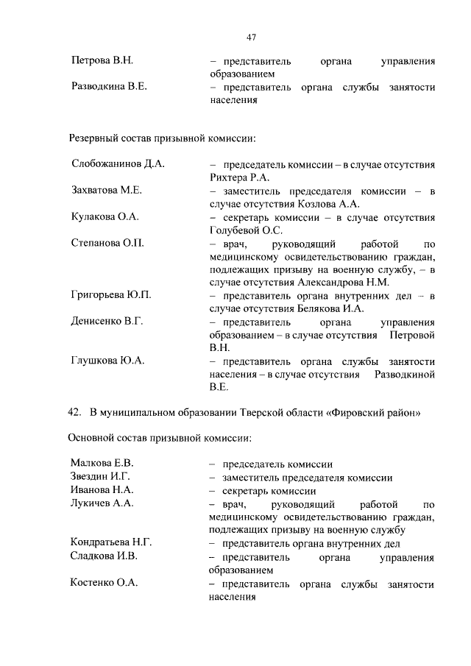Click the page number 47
[251, 38]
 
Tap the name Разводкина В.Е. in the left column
[108, 87]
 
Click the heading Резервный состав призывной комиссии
[163, 138]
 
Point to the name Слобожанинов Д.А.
[117, 163]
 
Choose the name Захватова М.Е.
[106, 190]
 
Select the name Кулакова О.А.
[105, 216]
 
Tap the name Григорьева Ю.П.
[111, 295]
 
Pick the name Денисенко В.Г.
[107, 322]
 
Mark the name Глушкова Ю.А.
[107, 361]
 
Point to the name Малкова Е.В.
[102, 464]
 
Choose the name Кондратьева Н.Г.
[111, 543]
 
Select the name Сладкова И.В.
[104, 556]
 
